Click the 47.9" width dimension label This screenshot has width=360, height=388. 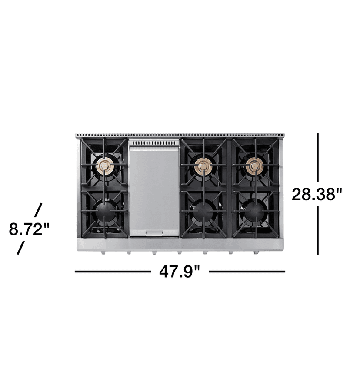click(179, 272)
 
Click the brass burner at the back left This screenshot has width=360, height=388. click(105, 165)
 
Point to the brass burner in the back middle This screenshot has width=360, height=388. click(203, 165)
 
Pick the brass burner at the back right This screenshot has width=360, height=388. click(255, 165)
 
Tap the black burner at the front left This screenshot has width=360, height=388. click(105, 212)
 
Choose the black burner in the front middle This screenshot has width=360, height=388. click(203, 212)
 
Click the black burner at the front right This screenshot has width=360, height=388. click(255, 212)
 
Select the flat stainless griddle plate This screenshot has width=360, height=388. click(153, 189)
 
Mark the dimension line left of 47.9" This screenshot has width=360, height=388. click(113, 272)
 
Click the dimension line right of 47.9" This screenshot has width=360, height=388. click(247, 272)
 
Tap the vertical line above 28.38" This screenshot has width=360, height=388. click(318, 157)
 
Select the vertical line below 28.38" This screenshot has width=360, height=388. click(318, 231)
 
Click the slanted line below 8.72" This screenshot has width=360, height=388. click(20, 248)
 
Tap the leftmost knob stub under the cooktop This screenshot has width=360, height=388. click(103, 253)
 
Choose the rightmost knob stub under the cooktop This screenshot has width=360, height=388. click(257, 253)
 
